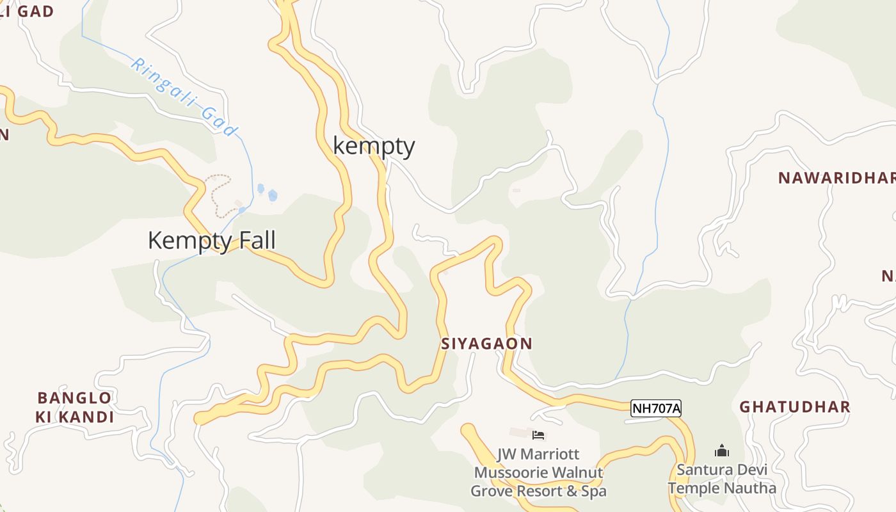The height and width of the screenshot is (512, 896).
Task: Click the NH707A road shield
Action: pyautogui.click(x=656, y=408)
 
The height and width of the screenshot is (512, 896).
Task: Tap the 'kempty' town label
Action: pyautogui.click(x=374, y=146)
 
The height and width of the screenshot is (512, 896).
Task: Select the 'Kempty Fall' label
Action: pyautogui.click(x=212, y=241)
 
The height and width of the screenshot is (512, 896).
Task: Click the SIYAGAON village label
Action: pyautogui.click(x=486, y=344)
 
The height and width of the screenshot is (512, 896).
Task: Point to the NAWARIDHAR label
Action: pyautogui.click(x=836, y=178)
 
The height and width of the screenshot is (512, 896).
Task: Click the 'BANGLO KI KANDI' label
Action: pyautogui.click(x=74, y=408)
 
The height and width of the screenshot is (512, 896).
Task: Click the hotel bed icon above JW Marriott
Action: pyautogui.click(x=539, y=435)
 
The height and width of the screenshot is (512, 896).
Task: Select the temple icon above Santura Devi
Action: pyautogui.click(x=722, y=451)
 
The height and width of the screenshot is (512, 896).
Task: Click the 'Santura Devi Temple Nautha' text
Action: pyautogui.click(x=722, y=479)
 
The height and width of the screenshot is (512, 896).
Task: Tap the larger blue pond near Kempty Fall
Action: pyautogui.click(x=273, y=195)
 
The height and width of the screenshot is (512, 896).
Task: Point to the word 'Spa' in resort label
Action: pyautogui.click(x=593, y=492)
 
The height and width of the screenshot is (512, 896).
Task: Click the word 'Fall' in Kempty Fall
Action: pyautogui.click(x=257, y=241)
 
